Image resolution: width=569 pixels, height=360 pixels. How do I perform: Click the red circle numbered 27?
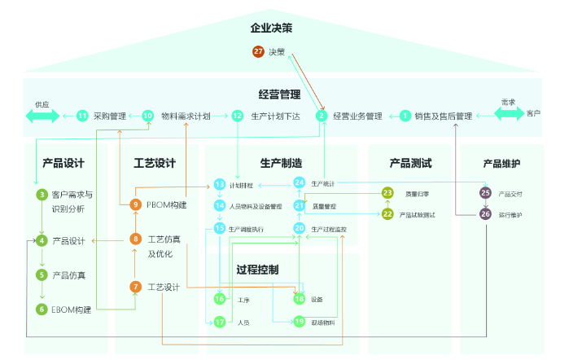[258, 52]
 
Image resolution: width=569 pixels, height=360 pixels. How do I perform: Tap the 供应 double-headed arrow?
[42, 116]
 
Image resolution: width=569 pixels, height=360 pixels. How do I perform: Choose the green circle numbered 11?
[82, 116]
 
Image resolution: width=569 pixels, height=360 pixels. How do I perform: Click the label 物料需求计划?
[186, 116]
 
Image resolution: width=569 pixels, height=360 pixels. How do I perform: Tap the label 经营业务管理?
[357, 116]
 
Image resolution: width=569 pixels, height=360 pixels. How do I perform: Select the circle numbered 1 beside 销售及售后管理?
[405, 116]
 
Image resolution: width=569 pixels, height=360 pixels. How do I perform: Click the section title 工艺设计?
[155, 163]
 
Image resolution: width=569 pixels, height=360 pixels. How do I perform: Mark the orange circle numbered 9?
[136, 204]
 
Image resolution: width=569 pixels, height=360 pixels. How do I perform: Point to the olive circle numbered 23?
[387, 193]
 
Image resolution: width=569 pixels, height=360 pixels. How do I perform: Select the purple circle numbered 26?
[486, 214]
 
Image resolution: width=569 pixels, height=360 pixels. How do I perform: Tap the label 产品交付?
[510, 194]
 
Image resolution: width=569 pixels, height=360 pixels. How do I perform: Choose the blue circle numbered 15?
[220, 229]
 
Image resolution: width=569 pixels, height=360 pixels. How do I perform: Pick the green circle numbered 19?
[300, 322]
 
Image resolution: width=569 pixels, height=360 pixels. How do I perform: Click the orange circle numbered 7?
[136, 287]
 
